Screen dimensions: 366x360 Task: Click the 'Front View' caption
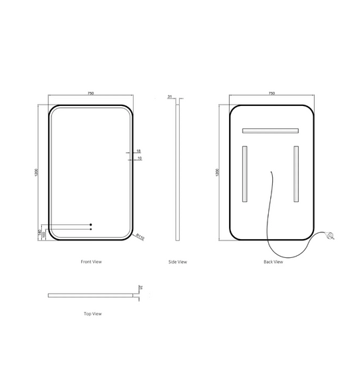click(91, 261)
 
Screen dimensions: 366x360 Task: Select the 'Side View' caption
click(178, 261)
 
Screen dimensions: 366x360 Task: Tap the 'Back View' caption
click(273, 261)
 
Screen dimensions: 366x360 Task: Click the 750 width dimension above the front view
click(91, 94)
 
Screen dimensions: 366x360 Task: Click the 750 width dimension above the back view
click(272, 94)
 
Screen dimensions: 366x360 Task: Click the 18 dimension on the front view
click(138, 151)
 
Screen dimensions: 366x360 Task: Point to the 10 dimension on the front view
click(138, 159)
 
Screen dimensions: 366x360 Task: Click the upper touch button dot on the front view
click(90, 225)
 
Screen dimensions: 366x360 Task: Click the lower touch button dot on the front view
click(90, 230)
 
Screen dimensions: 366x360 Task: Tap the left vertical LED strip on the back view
click(246, 174)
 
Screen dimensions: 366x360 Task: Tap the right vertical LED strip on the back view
click(296, 174)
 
